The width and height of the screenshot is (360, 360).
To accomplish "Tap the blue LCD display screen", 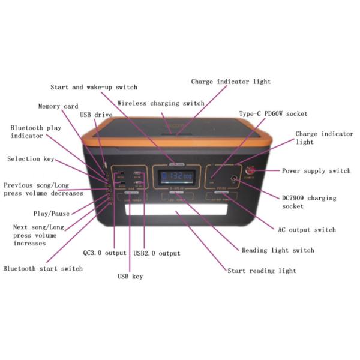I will [176, 178].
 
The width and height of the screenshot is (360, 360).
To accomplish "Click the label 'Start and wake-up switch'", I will [94, 88].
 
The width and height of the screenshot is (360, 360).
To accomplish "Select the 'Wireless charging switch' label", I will [161, 103].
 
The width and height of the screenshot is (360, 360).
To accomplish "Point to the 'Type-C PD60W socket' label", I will [273, 113].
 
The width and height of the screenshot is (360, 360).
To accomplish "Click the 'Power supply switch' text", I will [316, 171].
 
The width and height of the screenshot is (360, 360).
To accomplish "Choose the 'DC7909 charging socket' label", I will [309, 202].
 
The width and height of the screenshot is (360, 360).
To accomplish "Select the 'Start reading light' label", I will [262, 271].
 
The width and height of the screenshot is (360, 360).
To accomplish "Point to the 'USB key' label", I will [130, 277].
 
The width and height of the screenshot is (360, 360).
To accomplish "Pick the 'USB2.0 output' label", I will [157, 253].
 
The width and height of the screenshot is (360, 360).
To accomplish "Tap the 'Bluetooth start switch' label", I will [43, 269].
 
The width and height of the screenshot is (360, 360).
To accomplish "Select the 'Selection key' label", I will [31, 159].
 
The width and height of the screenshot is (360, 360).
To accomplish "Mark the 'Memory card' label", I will [58, 106].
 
